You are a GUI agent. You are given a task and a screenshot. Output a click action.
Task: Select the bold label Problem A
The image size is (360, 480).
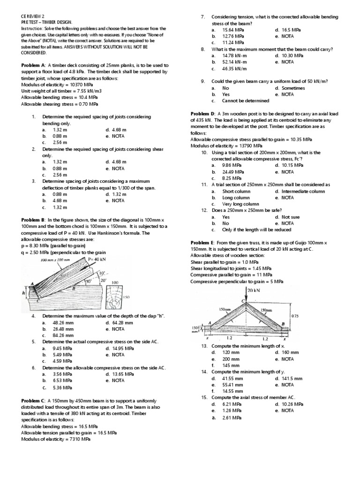click(33, 65)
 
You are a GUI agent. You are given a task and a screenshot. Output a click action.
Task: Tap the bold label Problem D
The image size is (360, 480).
click(202, 114)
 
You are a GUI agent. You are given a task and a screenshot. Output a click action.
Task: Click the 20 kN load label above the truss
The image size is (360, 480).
click(254, 290)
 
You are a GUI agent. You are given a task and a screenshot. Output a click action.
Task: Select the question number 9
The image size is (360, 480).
click(203, 81)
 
